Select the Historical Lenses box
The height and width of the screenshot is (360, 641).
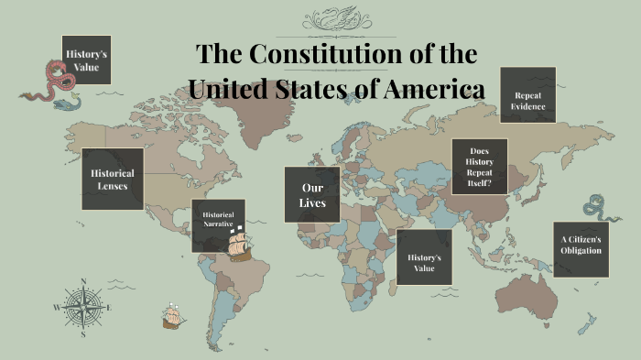112,179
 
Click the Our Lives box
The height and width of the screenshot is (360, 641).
312,194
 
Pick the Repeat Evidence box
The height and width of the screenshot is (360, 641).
528,94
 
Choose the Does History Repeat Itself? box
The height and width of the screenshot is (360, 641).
479,166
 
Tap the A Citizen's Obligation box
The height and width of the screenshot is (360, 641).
581,249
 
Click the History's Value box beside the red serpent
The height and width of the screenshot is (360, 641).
87,61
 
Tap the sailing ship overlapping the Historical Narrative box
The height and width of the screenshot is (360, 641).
238,243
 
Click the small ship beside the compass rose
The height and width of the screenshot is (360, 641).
172,316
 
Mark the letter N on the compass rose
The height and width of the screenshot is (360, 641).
83,281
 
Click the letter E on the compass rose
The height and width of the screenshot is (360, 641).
108,307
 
